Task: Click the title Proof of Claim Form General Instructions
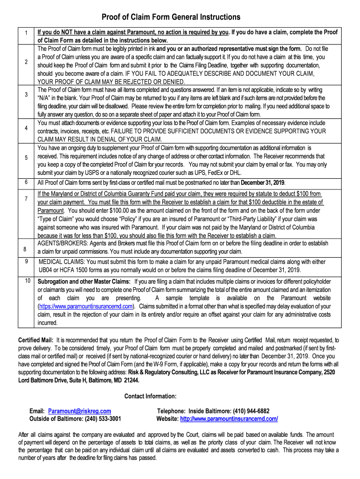(171, 17)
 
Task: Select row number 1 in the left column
(27, 33)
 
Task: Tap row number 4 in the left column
(27, 128)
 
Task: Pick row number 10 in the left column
(28, 281)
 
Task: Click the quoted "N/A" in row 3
(45, 98)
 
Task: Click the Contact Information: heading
(151, 397)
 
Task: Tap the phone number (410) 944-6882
(247, 411)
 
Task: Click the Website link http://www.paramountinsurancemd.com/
(229, 419)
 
